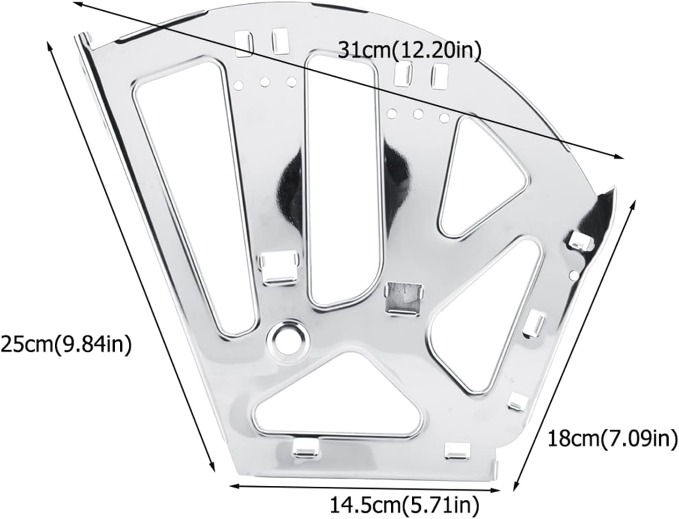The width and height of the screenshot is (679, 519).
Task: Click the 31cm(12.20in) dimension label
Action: click(409, 51)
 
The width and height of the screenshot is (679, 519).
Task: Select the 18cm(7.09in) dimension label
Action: click(612, 439)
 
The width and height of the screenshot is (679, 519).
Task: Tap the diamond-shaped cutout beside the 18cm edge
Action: click(487, 318)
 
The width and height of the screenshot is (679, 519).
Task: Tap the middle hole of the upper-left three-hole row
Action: click(265, 82)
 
